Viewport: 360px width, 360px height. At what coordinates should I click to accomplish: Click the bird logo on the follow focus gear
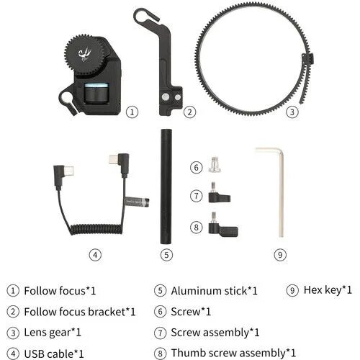(x=84, y=55)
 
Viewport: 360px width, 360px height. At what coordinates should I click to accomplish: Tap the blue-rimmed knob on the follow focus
(x=96, y=93)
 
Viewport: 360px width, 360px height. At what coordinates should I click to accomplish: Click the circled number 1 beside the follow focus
(x=132, y=112)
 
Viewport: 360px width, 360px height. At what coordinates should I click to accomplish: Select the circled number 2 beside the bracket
(x=190, y=112)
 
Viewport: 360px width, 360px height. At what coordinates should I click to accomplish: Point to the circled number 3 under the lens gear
(x=292, y=112)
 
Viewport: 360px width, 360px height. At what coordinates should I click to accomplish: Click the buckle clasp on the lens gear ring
(x=307, y=58)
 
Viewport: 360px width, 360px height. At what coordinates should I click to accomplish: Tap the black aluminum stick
(x=166, y=186)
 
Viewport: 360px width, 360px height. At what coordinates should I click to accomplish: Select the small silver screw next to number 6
(x=215, y=165)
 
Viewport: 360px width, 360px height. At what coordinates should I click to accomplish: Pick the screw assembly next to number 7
(x=219, y=196)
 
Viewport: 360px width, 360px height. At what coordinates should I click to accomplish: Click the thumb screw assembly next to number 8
(x=222, y=227)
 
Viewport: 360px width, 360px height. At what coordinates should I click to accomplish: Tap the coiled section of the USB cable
(x=96, y=229)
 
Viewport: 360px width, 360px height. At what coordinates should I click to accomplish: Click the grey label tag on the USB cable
(x=137, y=202)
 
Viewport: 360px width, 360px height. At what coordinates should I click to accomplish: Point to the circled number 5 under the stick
(x=166, y=255)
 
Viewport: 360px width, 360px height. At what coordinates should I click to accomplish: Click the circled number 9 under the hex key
(x=280, y=255)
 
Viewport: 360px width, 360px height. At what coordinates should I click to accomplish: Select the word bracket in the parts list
(x=107, y=312)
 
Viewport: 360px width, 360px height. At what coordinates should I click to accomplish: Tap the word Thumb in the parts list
(x=187, y=353)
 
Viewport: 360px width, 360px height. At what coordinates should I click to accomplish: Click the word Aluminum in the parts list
(x=196, y=291)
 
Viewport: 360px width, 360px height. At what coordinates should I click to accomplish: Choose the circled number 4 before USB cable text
(x=13, y=354)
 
